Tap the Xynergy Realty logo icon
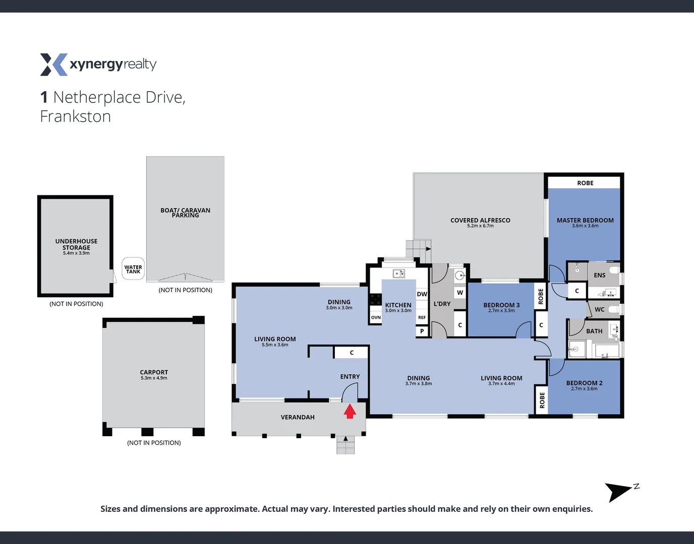[53, 64]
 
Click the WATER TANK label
[133, 269]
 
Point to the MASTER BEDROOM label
[585, 220]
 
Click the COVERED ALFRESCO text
[480, 220]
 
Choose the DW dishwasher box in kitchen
[422, 294]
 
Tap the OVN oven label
[376, 317]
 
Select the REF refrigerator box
[422, 317]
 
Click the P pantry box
[422, 331]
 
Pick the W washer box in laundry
[459, 293]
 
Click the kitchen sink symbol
[398, 274]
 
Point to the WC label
[599, 309]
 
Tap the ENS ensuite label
[599, 275]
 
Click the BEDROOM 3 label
[501, 305]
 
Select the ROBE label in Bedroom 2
[542, 400]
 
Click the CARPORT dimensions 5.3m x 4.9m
[154, 378]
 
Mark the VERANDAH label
[298, 417]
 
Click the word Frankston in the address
[76, 116]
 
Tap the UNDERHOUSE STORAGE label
[76, 244]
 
